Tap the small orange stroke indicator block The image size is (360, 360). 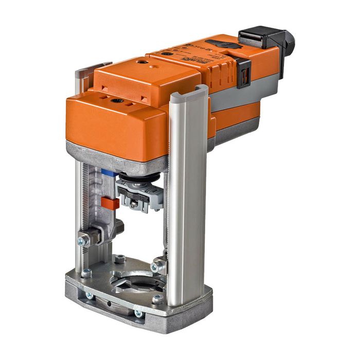110,203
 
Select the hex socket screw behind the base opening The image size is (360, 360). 120,259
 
